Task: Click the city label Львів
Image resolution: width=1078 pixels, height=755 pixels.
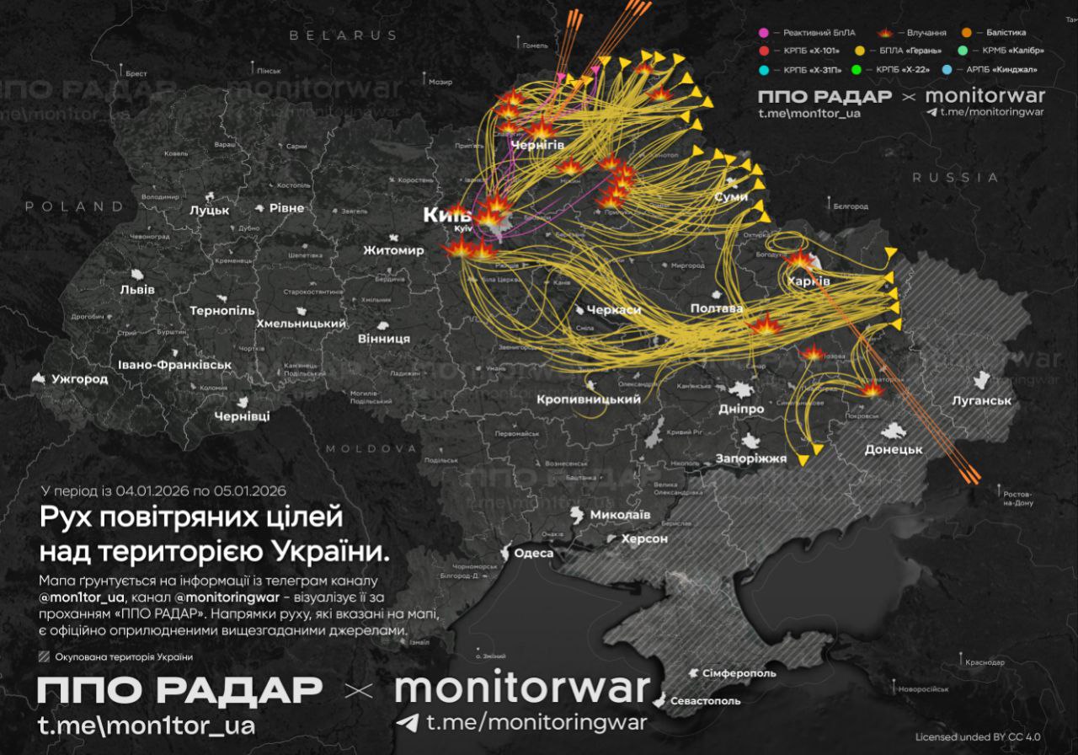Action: (137, 289)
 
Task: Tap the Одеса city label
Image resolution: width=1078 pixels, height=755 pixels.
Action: (534, 553)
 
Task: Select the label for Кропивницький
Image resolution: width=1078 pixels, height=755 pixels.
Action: (589, 399)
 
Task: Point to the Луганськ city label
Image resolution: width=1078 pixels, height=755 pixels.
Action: (981, 400)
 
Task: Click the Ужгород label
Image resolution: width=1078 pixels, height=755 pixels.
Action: (79, 379)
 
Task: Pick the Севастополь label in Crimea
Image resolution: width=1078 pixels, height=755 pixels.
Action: (706, 700)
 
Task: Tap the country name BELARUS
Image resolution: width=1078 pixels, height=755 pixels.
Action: (344, 35)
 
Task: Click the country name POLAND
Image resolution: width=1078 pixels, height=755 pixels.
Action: (74, 206)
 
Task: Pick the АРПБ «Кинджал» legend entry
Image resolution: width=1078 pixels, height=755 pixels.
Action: (1001, 69)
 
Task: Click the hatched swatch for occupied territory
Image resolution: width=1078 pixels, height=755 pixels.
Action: (45, 657)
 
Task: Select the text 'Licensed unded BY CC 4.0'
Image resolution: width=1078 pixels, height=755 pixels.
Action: (977, 737)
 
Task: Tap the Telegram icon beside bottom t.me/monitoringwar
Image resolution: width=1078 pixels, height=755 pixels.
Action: (408, 723)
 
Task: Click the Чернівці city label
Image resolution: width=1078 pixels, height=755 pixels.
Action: (242, 416)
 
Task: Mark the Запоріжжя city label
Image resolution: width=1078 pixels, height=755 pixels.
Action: (750, 458)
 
